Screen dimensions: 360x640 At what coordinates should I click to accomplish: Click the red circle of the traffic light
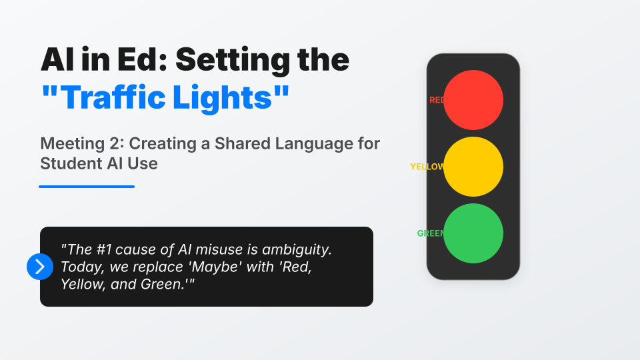(473, 100)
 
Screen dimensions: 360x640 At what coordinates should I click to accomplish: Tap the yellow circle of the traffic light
(473, 167)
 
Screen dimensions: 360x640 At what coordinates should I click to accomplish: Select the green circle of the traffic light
(473, 233)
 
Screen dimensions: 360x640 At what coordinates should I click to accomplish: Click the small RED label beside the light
(437, 100)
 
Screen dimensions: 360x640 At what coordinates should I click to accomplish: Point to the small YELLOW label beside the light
(427, 167)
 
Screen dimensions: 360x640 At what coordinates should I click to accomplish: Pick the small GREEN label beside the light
(431, 233)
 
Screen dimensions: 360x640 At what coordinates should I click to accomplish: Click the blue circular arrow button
(39, 267)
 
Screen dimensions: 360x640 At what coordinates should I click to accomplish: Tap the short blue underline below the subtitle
(87, 187)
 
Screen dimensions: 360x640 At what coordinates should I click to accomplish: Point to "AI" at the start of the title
(57, 60)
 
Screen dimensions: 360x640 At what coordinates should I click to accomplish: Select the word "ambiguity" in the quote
(297, 251)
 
